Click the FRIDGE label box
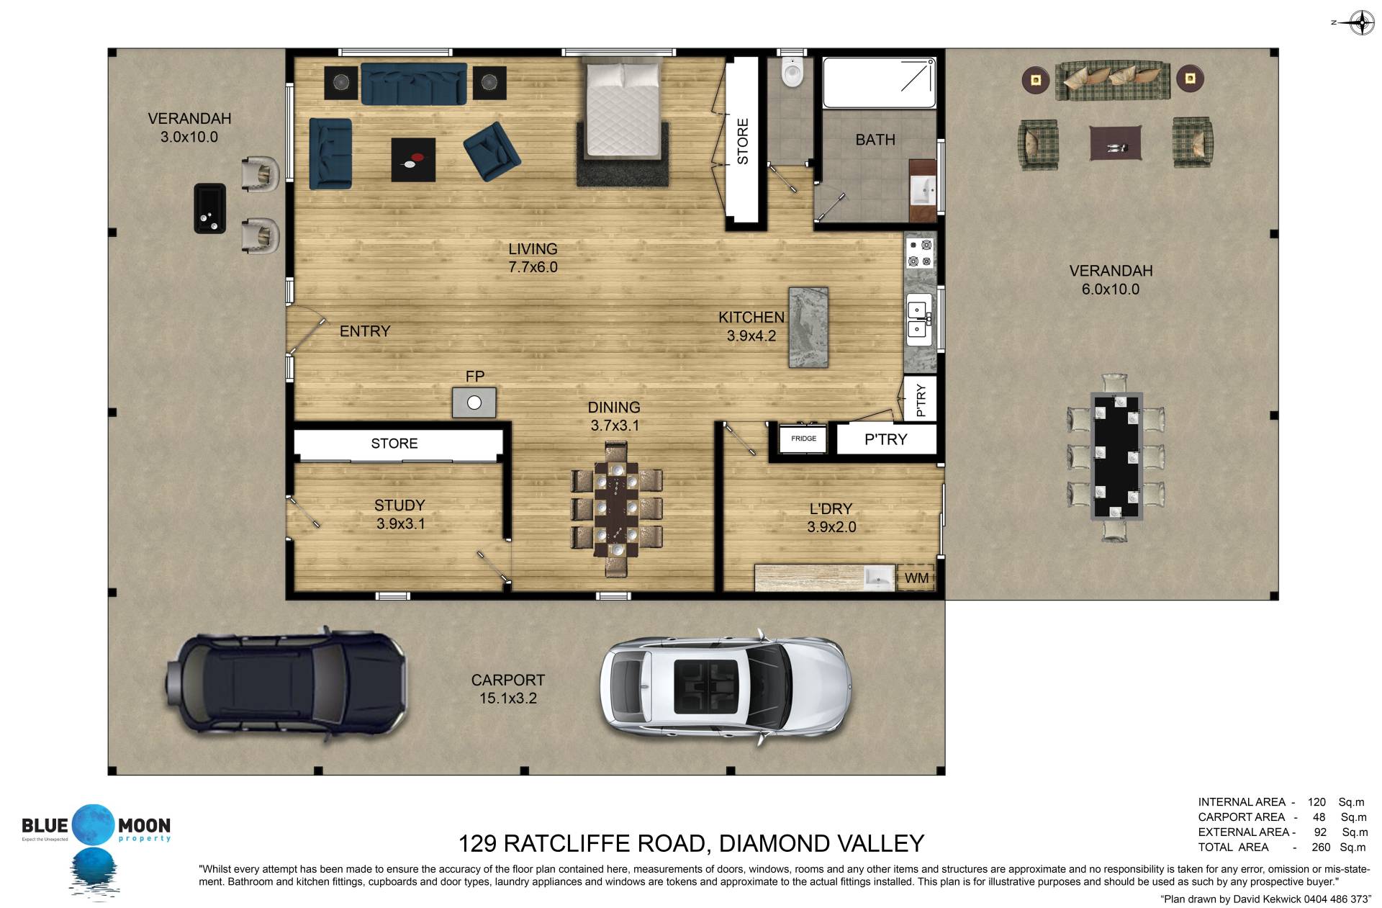[803, 439]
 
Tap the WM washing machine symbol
[916, 577]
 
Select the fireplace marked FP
[474, 403]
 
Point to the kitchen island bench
[808, 328]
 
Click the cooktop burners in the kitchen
[920, 253]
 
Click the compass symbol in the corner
[1359, 22]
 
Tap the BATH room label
[875, 140]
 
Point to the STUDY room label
[399, 505]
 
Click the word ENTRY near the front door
[365, 331]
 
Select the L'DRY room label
[831, 508]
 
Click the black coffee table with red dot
[413, 160]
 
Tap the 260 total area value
[1321, 847]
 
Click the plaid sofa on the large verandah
[1112, 81]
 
